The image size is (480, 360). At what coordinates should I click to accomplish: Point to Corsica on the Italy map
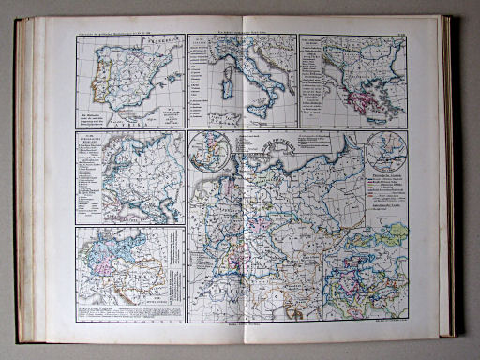click(221, 71)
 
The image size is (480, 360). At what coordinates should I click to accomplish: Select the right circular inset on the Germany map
click(386, 152)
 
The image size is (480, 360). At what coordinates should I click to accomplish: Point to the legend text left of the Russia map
click(92, 173)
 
